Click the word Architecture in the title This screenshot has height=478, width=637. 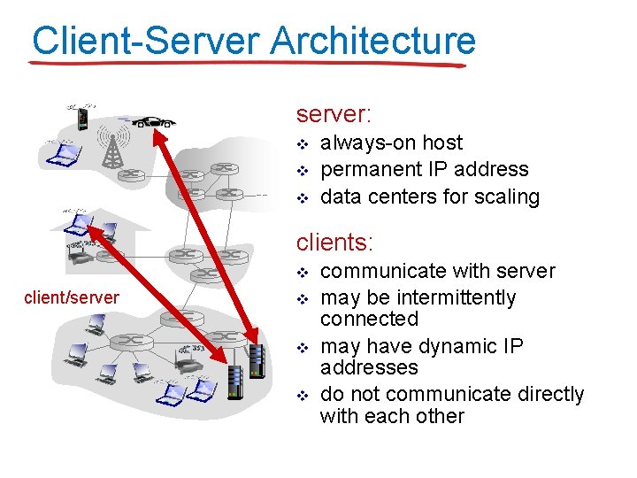[372, 41]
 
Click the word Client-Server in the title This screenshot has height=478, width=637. [145, 41]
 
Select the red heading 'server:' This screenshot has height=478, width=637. [334, 114]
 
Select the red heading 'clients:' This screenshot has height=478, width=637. [334, 242]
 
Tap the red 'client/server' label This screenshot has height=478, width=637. [72, 297]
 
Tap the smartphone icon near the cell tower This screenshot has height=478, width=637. [82, 118]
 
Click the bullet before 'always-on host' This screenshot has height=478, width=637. [303, 143]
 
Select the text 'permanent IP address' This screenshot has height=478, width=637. [424, 169]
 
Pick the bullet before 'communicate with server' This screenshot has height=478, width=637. [303, 272]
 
